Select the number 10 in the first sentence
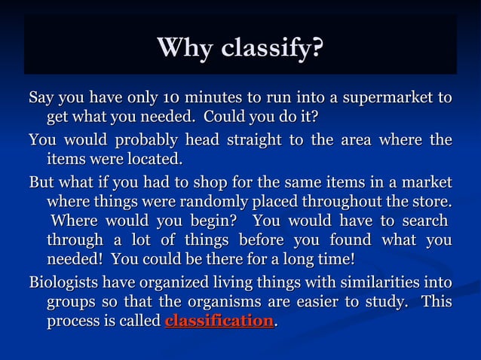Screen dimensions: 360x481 point(170,99)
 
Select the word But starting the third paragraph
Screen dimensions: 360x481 point(43,183)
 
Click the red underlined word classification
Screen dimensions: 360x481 point(219,322)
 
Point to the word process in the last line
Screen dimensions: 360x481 point(74,322)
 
